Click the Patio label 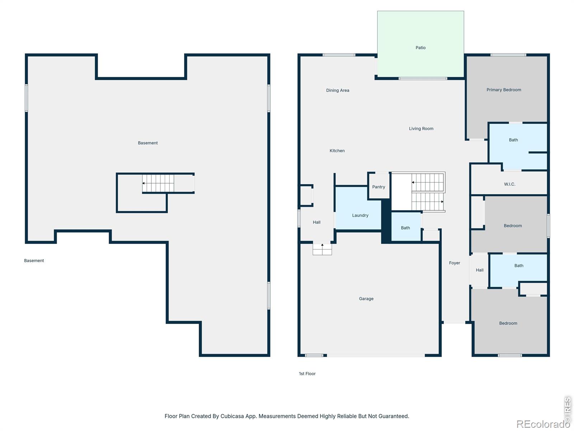420,48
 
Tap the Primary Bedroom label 503,90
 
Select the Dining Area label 337,90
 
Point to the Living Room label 421,129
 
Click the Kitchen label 337,151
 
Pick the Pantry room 378,186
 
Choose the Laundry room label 360,215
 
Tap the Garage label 366,298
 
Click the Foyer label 454,263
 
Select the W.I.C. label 509,184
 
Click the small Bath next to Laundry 406,227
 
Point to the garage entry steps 322,249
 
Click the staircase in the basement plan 158,183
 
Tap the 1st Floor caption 307,374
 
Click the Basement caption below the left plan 34,261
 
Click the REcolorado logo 543,424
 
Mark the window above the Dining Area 339,55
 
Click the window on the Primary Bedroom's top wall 508,55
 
